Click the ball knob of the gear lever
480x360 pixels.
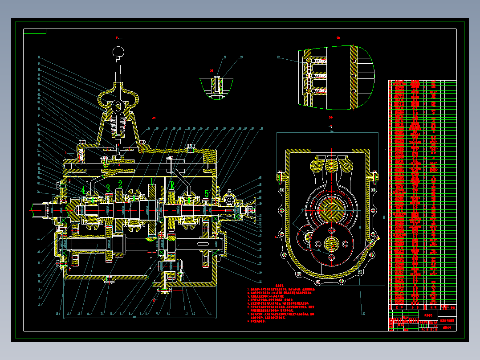(x=118, y=51)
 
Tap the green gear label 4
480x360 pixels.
(x=83, y=189)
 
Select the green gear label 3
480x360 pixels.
(x=108, y=188)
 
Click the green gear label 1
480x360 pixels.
(x=152, y=181)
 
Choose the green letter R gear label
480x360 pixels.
(x=172, y=185)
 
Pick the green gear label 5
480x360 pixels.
(x=207, y=193)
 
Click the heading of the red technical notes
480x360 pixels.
(x=279, y=285)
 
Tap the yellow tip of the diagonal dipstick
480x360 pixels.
(x=378, y=238)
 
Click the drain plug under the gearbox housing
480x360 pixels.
(x=108, y=280)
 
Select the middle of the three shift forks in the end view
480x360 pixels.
(x=332, y=165)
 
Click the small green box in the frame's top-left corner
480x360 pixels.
(x=35, y=31)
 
